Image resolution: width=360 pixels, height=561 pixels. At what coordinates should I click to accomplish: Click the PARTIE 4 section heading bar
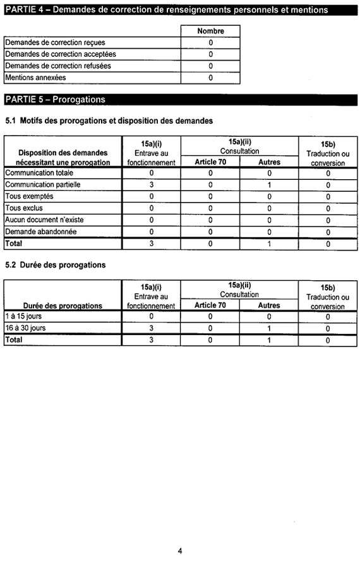coord(167,10)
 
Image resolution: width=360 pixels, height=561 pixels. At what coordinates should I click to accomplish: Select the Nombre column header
coord(210,31)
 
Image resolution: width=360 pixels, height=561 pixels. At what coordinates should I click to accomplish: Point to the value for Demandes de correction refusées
coord(210,66)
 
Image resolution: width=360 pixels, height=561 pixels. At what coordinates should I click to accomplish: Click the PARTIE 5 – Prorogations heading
coord(56,100)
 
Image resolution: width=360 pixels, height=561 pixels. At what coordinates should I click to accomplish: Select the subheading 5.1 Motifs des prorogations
coord(109,121)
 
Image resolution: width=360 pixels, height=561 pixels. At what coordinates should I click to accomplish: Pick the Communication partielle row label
coord(43,185)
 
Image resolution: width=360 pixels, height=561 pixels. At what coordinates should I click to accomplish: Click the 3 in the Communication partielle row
coord(152,185)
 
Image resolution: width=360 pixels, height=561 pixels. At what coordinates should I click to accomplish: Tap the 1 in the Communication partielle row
coord(269,185)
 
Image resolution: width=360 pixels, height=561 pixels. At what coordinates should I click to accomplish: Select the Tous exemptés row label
coord(30,196)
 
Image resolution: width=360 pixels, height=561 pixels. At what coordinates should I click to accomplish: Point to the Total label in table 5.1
coord(14,243)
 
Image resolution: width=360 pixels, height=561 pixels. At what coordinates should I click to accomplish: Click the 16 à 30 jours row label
coord(25,328)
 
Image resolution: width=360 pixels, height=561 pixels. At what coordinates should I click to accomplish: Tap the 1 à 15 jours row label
coord(23,316)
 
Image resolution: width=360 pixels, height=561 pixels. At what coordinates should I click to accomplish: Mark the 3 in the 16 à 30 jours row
coord(152,328)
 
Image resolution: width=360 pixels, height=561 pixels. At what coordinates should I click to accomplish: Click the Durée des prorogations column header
coord(63,305)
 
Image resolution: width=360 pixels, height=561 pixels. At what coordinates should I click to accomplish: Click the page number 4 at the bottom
coord(180,550)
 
